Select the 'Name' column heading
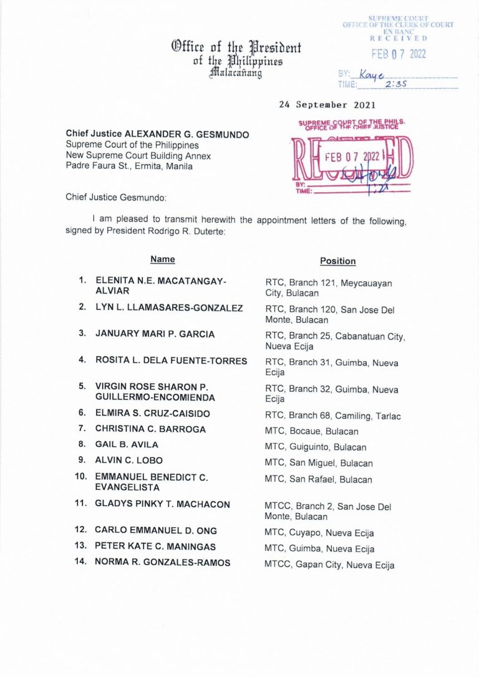(162, 260)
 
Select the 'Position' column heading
(337, 261)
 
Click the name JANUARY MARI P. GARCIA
(155, 334)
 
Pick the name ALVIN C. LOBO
(128, 460)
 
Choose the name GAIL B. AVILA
(127, 445)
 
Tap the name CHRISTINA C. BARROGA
(150, 429)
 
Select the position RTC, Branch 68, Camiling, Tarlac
(333, 416)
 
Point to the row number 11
(80, 504)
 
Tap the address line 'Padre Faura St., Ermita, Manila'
(129, 166)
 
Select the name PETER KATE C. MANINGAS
(155, 547)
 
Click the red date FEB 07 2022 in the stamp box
(353, 157)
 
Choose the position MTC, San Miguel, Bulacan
(319, 464)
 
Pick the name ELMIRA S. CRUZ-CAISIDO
(152, 413)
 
